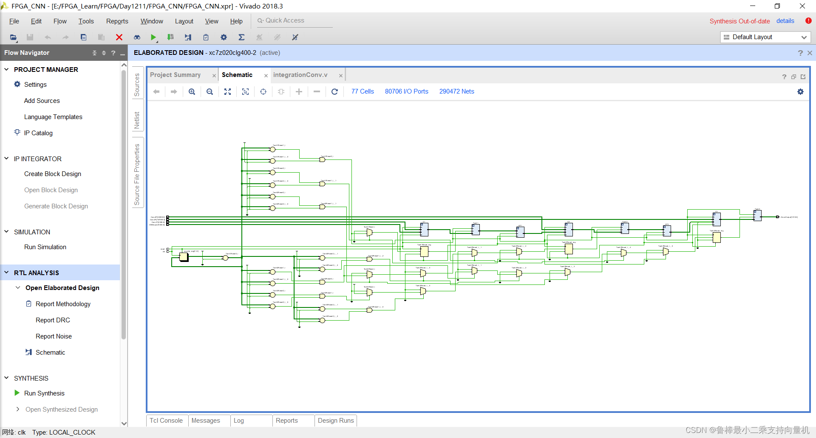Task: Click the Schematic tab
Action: click(x=237, y=75)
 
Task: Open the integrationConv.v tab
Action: click(x=300, y=75)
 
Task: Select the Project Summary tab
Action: click(x=175, y=75)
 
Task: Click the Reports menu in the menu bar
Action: click(x=117, y=21)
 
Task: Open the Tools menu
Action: click(x=86, y=21)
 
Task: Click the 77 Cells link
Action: click(x=363, y=91)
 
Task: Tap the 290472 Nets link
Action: click(x=456, y=91)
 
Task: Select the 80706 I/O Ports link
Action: click(x=406, y=91)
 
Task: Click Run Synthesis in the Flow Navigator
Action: click(x=44, y=393)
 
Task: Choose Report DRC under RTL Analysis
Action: click(x=53, y=320)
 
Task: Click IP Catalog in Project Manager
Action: click(x=38, y=133)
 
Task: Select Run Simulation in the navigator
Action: click(x=45, y=247)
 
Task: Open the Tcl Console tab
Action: click(x=166, y=421)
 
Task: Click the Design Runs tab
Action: click(x=336, y=421)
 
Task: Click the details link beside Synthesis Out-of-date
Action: click(x=785, y=21)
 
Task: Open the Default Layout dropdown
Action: click(x=765, y=37)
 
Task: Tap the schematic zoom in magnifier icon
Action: click(x=192, y=91)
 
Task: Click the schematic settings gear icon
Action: click(x=800, y=91)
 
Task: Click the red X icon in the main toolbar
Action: click(x=119, y=37)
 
